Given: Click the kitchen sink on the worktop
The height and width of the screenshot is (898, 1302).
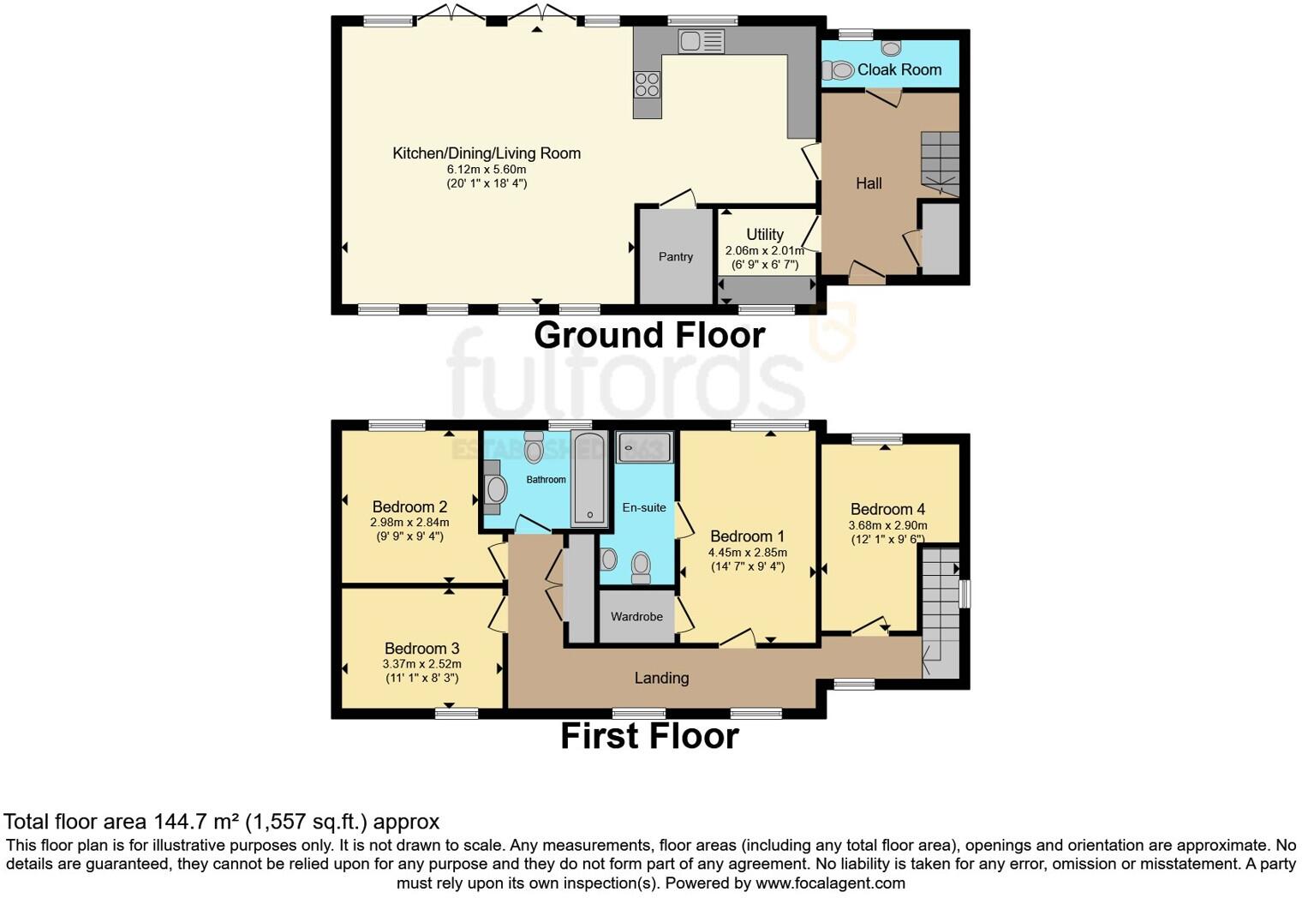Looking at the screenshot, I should pyautogui.click(x=701, y=40).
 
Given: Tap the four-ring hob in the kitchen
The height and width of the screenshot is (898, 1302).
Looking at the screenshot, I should pyautogui.click(x=647, y=84).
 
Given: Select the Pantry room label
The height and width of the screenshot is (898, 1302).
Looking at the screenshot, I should pyautogui.click(x=675, y=256).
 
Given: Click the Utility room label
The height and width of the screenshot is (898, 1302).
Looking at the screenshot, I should pyautogui.click(x=764, y=234).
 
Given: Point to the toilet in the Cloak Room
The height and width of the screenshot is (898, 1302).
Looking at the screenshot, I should pyautogui.click(x=839, y=70).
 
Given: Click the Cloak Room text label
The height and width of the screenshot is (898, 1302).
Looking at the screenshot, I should pyautogui.click(x=899, y=69).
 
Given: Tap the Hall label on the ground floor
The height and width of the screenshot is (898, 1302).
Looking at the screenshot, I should pyautogui.click(x=868, y=183).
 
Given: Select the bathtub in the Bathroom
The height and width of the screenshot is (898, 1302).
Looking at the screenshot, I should pyautogui.click(x=589, y=478).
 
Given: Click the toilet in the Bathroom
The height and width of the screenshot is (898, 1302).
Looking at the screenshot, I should pyautogui.click(x=534, y=448).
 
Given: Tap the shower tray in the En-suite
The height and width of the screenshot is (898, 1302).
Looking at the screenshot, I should pyautogui.click(x=644, y=447).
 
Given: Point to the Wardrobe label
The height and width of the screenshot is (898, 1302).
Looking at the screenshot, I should pyautogui.click(x=636, y=616).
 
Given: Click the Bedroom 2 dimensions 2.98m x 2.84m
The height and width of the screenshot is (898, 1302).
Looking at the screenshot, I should pyautogui.click(x=409, y=522).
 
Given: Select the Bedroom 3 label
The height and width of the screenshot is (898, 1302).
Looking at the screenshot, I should pyautogui.click(x=421, y=648).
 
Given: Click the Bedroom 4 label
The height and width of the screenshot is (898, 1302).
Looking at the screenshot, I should pyautogui.click(x=887, y=509).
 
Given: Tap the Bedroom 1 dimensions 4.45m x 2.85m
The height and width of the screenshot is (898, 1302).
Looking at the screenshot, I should pyautogui.click(x=747, y=552).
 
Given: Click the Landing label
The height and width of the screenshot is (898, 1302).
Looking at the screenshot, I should pyautogui.click(x=661, y=678).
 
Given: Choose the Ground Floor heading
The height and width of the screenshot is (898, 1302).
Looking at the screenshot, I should pyautogui.click(x=649, y=335).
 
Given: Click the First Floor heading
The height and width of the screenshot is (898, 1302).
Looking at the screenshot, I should pyautogui.click(x=649, y=736).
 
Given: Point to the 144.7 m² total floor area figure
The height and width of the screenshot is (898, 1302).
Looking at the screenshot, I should pyautogui.click(x=196, y=821).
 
